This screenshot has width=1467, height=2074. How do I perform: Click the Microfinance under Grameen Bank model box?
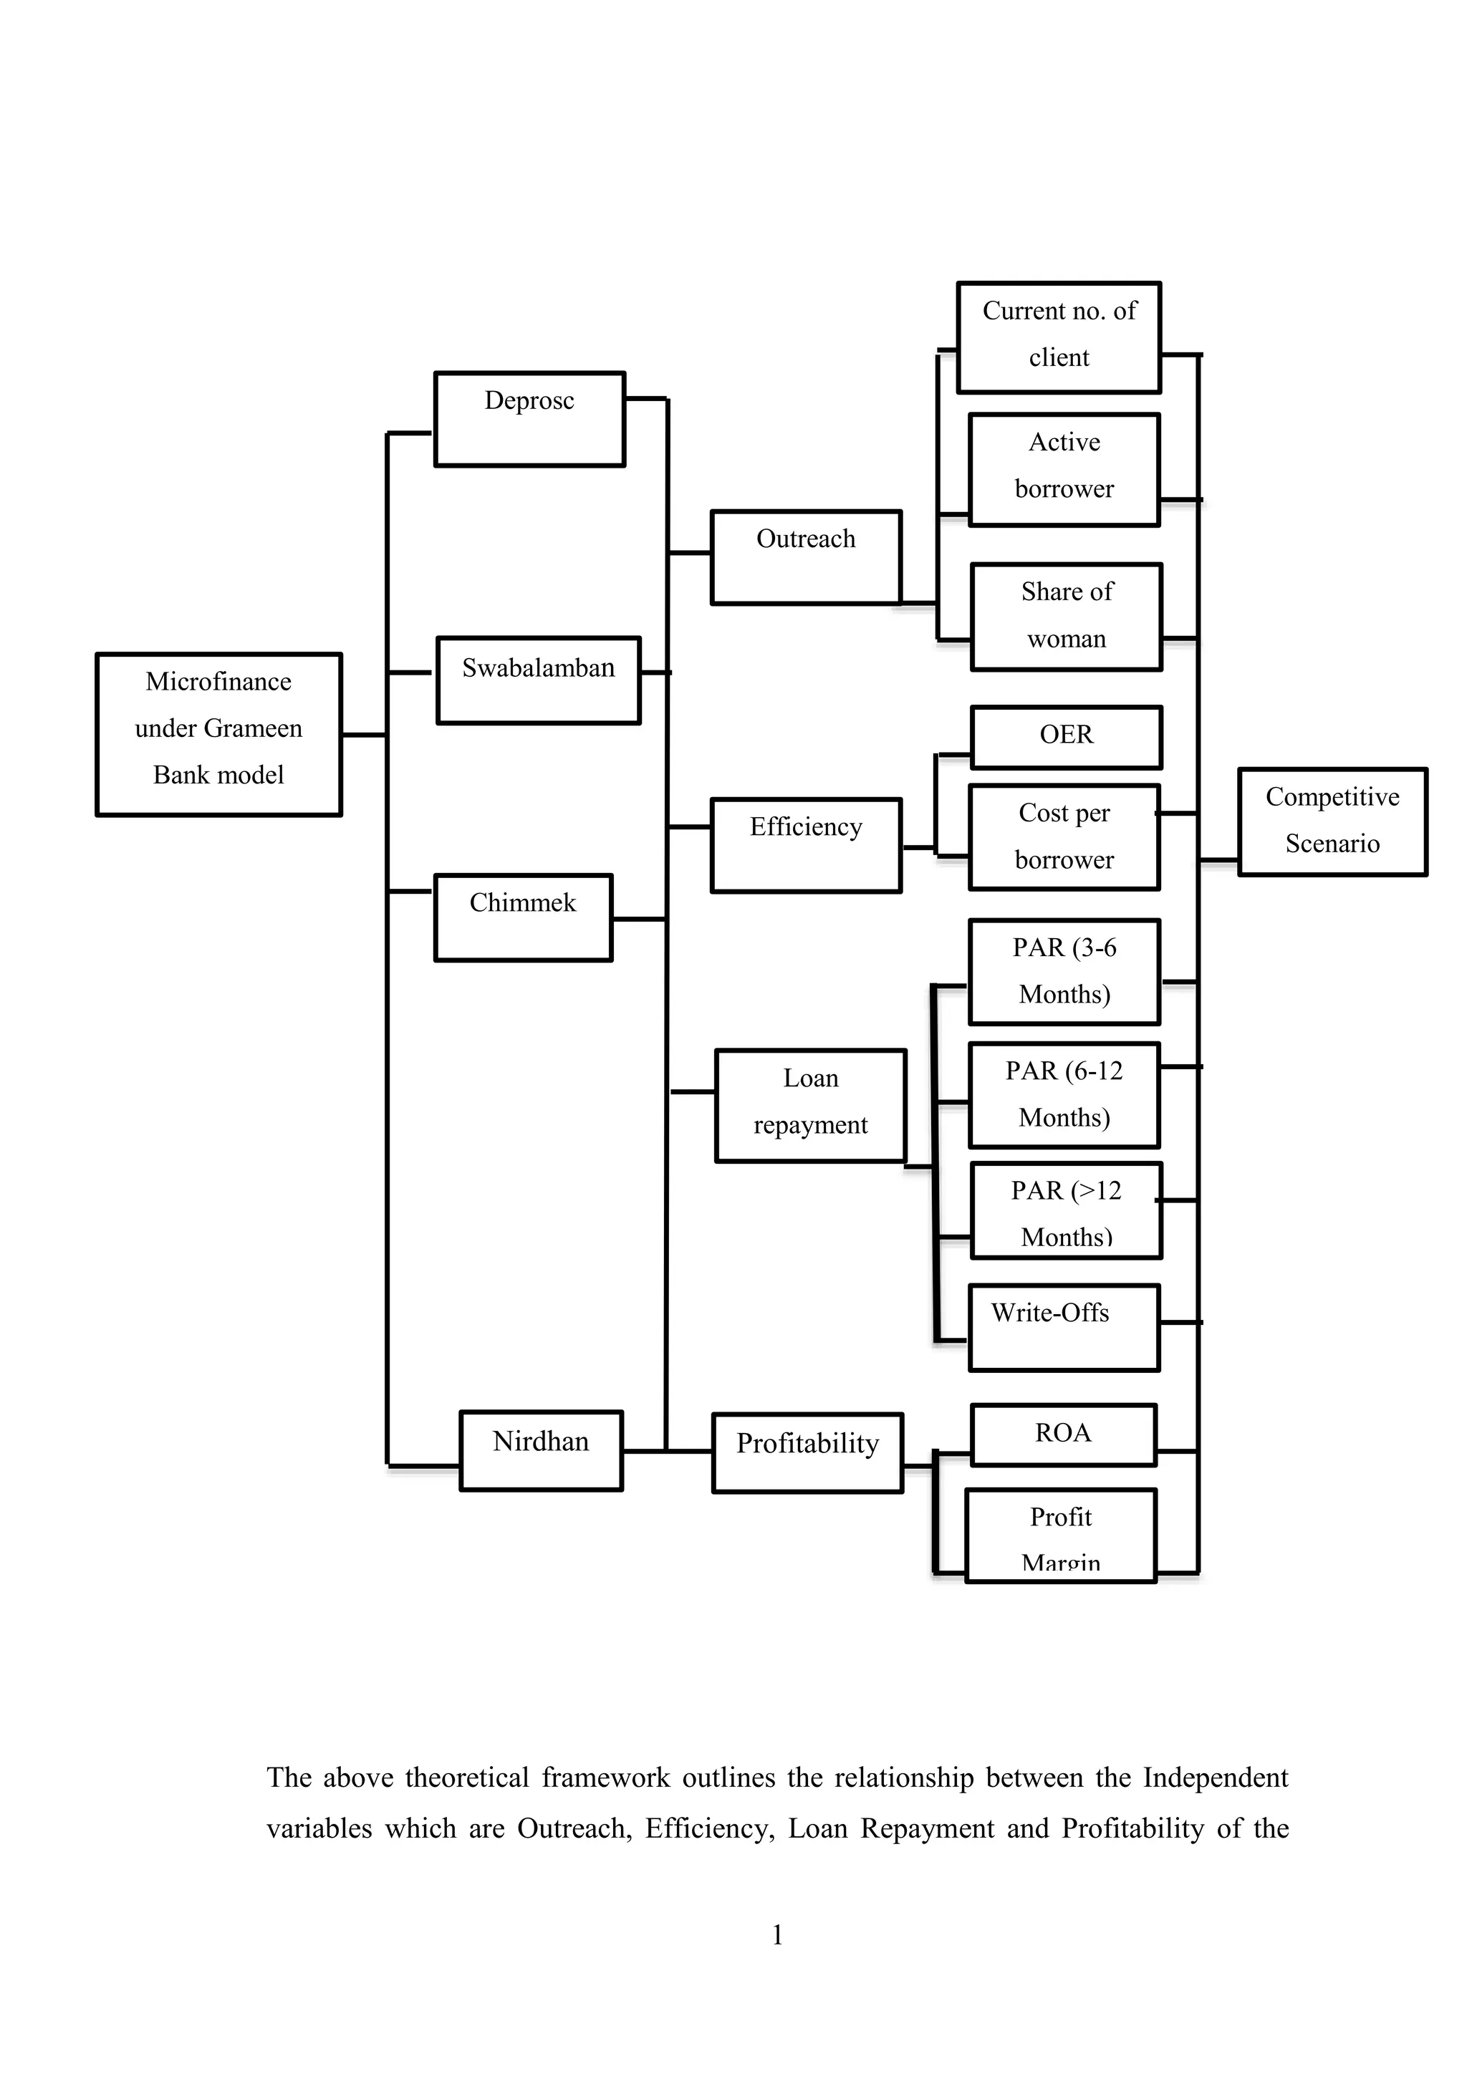coord(218,733)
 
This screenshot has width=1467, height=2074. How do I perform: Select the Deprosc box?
coord(529,419)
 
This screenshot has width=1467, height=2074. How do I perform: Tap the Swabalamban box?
coord(539,680)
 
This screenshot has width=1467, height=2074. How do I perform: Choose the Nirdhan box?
coord(541,1451)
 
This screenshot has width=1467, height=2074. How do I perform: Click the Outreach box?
coord(806,557)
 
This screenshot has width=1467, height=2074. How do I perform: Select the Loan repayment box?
coord(810,1105)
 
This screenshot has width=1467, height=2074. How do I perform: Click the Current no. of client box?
coord(1059,337)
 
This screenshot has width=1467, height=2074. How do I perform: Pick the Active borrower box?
coord(1064,469)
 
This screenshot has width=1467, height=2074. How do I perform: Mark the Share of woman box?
coord(1066,617)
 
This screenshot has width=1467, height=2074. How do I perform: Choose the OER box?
coord(1066,737)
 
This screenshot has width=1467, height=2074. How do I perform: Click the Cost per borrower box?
coord(1064,837)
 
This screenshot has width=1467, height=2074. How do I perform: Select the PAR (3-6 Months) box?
coord(1064,972)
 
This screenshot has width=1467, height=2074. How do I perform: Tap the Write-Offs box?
coord(1064,1327)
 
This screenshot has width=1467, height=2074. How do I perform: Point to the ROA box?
coord(1063,1434)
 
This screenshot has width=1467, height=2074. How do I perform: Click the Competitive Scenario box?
coord(1332,821)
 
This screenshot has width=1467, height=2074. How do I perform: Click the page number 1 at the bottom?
coord(777,1935)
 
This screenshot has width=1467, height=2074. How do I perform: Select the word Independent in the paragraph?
coord(1215,1778)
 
